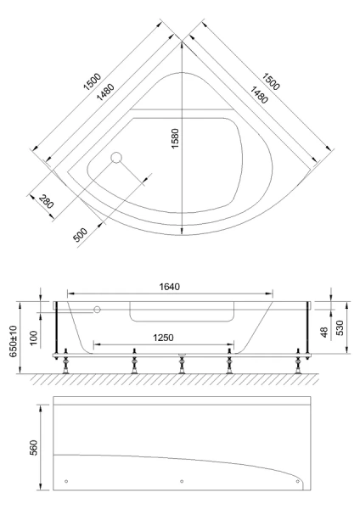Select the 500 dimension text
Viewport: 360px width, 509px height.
click(x=81, y=234)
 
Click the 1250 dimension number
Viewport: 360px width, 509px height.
click(x=163, y=337)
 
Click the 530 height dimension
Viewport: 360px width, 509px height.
click(x=342, y=327)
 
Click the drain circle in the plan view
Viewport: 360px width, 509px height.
click(x=117, y=157)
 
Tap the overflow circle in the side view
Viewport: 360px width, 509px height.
click(x=98, y=310)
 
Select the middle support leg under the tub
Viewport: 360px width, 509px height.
click(x=181, y=363)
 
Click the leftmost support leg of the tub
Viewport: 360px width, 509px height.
click(x=65, y=363)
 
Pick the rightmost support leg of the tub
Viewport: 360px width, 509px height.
click(x=297, y=363)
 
